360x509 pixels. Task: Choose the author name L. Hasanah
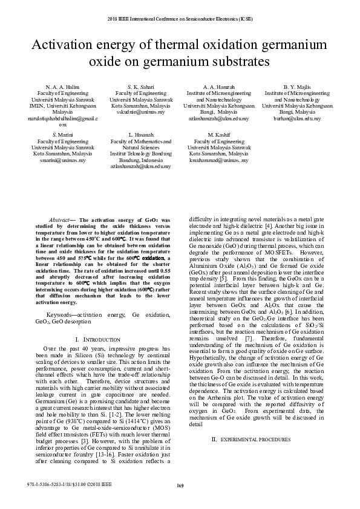pos(141,135)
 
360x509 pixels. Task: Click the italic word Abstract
pos(59,220)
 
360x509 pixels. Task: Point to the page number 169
pos(180,486)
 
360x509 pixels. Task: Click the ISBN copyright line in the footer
pos(70,484)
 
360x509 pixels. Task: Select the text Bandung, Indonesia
pos(141,159)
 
